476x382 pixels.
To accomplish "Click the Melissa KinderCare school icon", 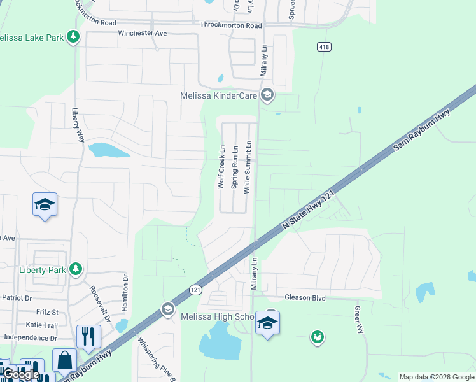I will click(267, 95).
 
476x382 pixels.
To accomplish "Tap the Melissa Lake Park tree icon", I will click(74, 37).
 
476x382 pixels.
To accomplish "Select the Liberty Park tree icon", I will click(76, 269).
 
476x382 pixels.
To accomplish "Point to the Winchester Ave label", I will click(142, 32).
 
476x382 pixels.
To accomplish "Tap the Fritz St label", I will click(46, 312).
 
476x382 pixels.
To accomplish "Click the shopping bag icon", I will click(64, 360).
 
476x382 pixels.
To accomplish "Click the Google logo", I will click(20, 374).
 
